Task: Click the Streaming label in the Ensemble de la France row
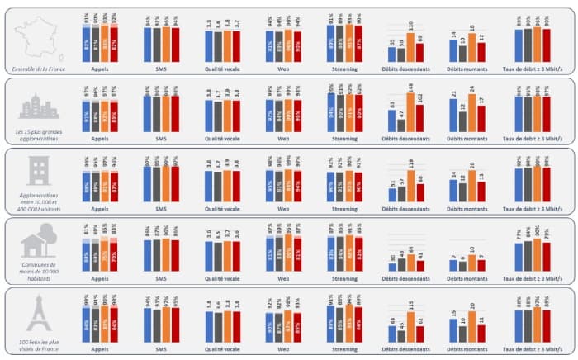click(344, 69)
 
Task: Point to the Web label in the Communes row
click(283, 279)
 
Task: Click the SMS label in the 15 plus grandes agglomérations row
click(163, 140)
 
